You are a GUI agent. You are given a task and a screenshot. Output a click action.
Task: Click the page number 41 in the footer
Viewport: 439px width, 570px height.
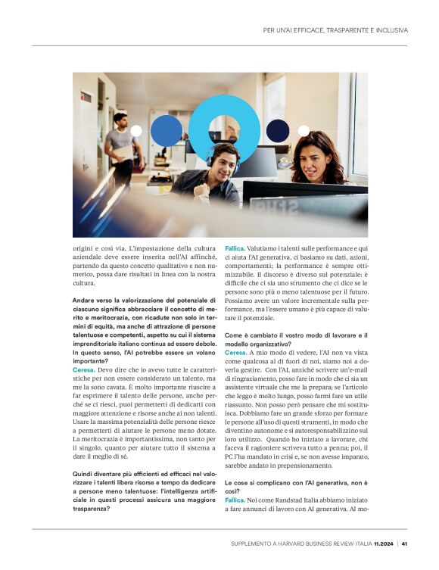point(405,543)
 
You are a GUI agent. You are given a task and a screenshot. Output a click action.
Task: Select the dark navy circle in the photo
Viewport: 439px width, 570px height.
point(278,129)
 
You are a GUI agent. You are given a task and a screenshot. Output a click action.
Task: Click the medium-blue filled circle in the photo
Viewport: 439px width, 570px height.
point(167,130)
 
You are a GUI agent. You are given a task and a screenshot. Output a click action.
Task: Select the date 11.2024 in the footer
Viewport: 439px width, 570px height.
point(385,543)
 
